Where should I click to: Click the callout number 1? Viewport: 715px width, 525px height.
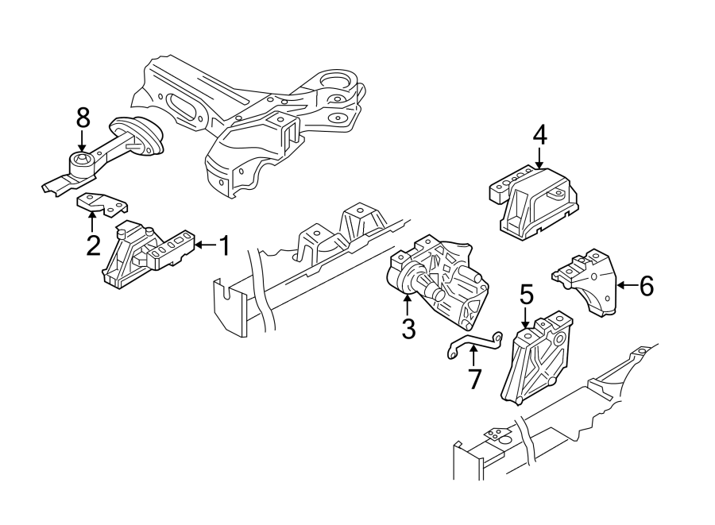coord(224,245)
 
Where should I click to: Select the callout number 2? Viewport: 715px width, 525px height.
coord(93,245)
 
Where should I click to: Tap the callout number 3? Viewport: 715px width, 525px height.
coord(408,328)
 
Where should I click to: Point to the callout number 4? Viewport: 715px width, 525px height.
coord(539,134)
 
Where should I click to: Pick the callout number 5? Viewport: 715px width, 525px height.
coord(526,295)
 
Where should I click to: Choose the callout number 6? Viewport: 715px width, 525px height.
coord(646,285)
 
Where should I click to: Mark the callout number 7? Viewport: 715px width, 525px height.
coord(474,379)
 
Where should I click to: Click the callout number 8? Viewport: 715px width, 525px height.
coord(83,118)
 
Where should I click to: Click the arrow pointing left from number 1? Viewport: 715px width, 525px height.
coord(204,245)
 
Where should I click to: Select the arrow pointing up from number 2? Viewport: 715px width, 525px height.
coord(92,222)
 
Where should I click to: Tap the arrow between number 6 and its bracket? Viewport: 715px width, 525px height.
coord(626,285)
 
